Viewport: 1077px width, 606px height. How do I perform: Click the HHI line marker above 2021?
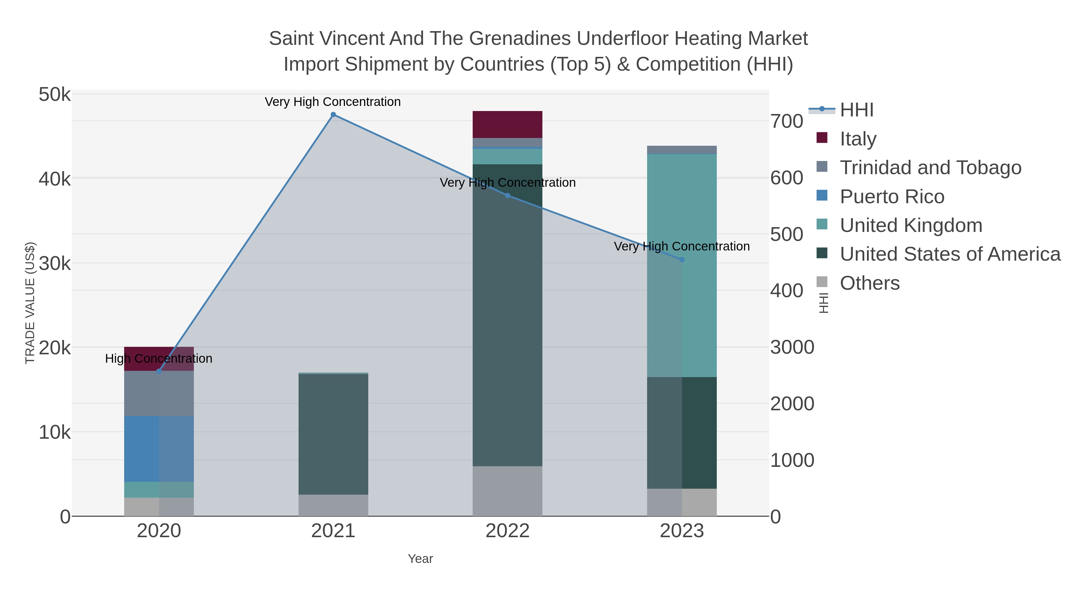(x=333, y=115)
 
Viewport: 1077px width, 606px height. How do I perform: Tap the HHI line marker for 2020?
(x=159, y=371)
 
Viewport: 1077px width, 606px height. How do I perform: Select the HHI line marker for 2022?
(x=508, y=195)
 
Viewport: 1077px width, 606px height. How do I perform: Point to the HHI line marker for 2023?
(x=682, y=260)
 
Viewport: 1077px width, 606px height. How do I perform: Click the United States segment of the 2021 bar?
(x=333, y=434)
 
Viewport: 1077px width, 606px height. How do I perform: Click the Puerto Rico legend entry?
(x=892, y=197)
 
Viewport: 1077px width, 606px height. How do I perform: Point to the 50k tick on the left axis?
(x=55, y=95)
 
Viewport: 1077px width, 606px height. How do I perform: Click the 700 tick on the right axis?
(x=787, y=122)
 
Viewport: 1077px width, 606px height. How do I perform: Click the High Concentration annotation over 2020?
(x=159, y=359)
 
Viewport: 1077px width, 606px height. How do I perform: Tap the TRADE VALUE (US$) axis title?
(x=30, y=303)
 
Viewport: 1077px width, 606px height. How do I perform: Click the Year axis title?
(x=420, y=559)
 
